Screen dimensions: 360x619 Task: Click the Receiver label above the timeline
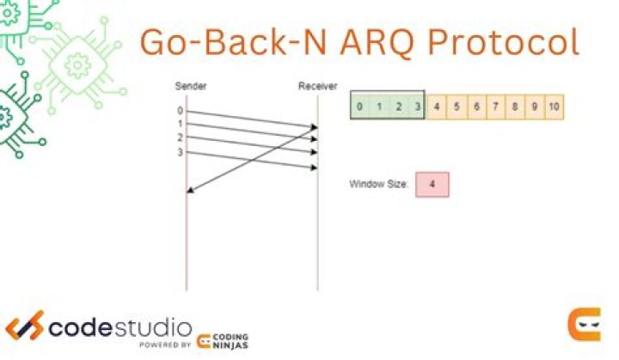[x=317, y=86]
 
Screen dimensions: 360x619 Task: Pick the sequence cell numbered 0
[x=359, y=107]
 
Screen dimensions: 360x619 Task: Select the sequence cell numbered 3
[x=415, y=107]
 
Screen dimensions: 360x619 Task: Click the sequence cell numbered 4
[x=437, y=107]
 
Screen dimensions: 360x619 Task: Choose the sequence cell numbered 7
[x=495, y=107]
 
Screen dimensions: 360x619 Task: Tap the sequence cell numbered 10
[x=554, y=107]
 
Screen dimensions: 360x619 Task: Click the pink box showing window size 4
[x=432, y=185]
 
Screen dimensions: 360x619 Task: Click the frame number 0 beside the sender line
[x=180, y=111]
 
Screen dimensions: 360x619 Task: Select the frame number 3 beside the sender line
[x=180, y=152]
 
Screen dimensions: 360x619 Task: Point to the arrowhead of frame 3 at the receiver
[x=315, y=168]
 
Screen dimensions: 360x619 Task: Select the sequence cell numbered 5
[x=457, y=107]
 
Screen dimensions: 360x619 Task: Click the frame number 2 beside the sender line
[x=180, y=137]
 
